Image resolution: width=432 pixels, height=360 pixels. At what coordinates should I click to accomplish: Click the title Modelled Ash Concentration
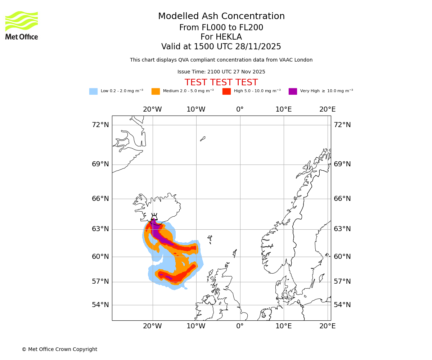point(221,17)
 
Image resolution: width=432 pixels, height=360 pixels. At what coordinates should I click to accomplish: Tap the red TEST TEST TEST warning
point(221,82)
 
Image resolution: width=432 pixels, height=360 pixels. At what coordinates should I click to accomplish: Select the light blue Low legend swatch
point(93,91)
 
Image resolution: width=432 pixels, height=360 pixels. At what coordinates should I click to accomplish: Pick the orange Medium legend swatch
point(156,91)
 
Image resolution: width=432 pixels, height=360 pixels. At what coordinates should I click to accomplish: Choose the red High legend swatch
point(226,91)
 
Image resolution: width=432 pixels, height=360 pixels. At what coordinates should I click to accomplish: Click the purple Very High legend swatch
point(293,91)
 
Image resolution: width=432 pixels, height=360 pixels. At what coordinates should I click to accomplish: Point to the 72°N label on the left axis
point(100,125)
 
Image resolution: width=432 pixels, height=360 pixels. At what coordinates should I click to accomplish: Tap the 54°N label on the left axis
point(100,305)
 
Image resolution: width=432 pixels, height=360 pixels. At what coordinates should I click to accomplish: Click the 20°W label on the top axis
point(152,109)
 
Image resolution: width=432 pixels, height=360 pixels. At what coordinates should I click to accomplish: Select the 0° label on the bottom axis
point(240,326)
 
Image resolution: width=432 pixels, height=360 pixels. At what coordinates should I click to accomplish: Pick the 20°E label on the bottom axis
point(327,326)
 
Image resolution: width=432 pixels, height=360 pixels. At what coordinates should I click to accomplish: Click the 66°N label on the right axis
point(342,199)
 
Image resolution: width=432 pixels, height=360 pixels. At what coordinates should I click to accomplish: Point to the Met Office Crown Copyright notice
point(59,349)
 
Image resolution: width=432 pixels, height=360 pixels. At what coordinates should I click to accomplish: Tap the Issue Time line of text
point(221,72)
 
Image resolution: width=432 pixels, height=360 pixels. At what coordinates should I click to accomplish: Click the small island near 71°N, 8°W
point(203,139)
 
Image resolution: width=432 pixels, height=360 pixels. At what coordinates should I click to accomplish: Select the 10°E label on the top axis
point(283,109)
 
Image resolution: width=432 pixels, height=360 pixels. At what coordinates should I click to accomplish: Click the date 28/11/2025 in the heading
point(258,47)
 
